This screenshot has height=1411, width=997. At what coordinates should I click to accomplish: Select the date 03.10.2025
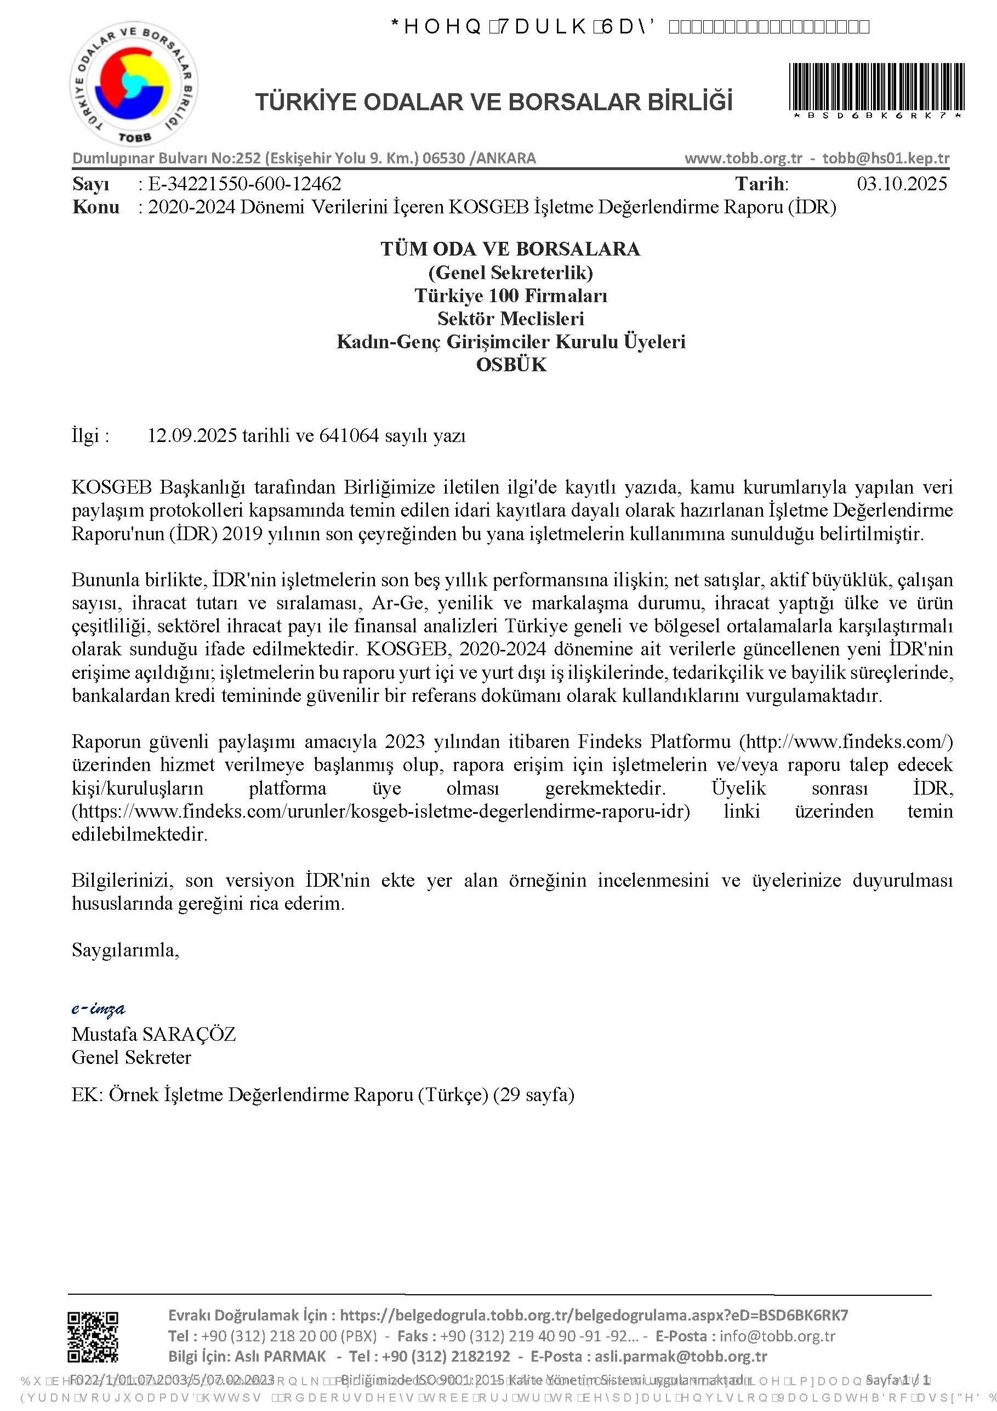pos(901,184)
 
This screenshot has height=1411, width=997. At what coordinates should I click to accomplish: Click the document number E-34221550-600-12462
pos(244,184)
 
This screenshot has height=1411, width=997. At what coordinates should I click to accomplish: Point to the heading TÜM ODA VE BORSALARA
pos(510,249)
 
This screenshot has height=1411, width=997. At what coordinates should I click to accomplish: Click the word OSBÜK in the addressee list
pos(511,365)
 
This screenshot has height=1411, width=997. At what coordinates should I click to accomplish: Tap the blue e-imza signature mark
pos(98,1008)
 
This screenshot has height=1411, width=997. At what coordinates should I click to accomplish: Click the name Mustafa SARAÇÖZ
pos(153,1034)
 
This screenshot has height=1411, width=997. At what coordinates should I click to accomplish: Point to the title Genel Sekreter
pos(132,1057)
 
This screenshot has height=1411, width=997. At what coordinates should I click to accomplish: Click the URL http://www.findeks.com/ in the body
pos(846,742)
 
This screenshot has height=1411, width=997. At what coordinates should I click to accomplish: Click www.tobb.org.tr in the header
pos(743,158)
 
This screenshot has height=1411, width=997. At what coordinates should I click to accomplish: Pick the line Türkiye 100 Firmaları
pos(511,296)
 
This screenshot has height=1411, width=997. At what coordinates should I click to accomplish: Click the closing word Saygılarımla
pos(126,950)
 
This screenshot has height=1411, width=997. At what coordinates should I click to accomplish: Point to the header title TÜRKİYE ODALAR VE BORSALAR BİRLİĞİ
pos(494,101)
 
